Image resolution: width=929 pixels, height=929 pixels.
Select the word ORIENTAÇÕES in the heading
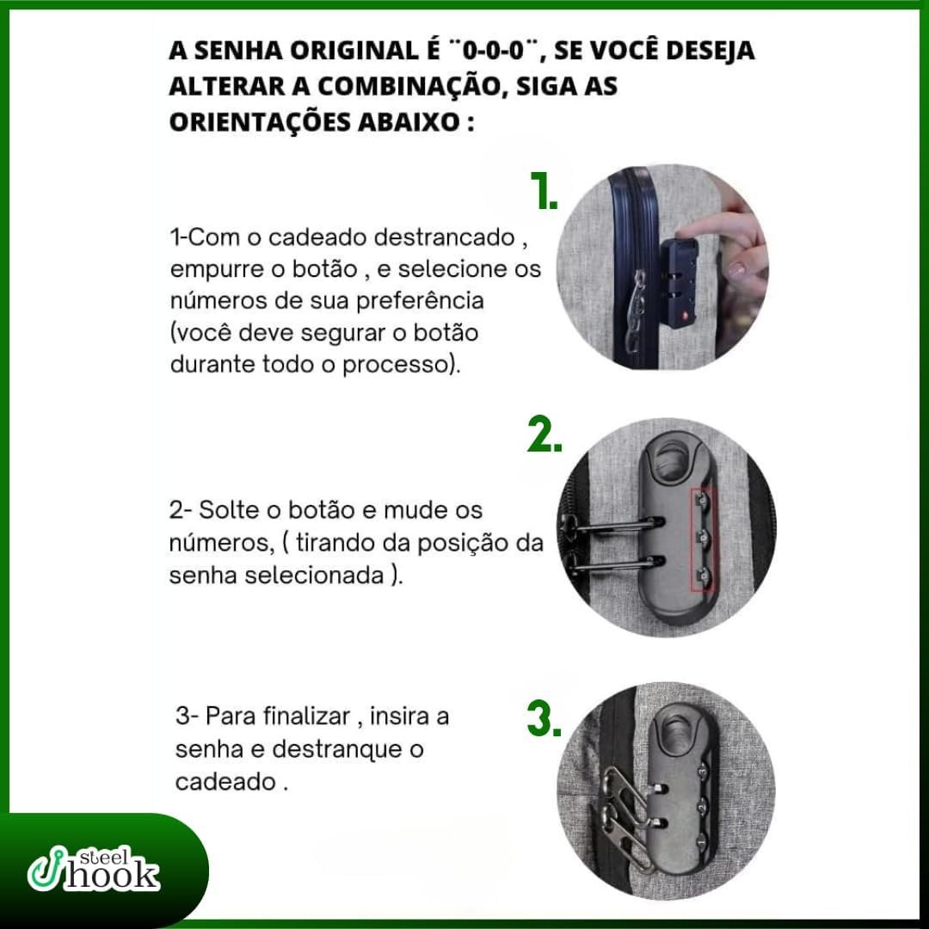pos(258,123)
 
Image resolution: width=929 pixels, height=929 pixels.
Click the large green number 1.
pos(544,190)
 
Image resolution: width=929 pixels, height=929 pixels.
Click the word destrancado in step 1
pos(445,237)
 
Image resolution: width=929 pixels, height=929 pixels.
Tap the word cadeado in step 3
pos(225,782)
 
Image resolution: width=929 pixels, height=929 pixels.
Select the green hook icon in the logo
pos(44,869)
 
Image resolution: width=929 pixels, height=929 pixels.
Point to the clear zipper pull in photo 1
pos(635,308)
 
